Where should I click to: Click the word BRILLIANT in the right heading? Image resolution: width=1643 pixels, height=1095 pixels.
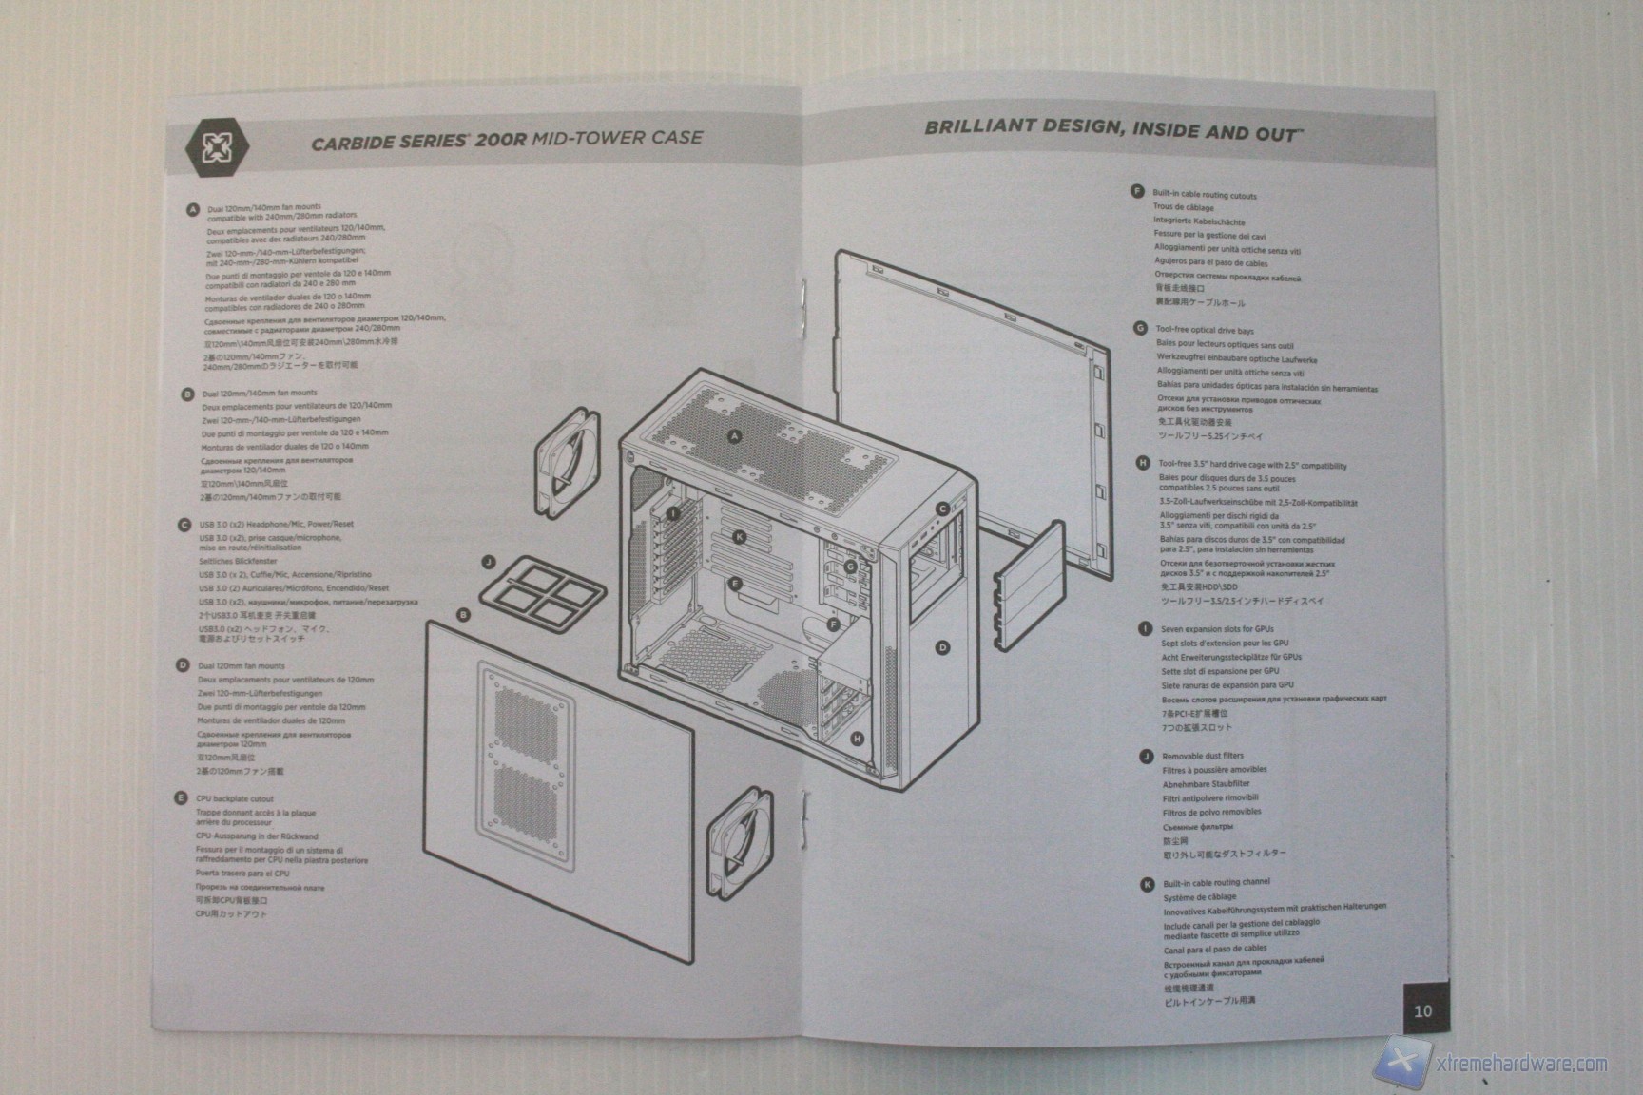(x=979, y=126)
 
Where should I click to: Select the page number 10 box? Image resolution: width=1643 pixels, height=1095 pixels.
(x=1422, y=1010)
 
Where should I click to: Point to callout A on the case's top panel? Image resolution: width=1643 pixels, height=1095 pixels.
(x=734, y=436)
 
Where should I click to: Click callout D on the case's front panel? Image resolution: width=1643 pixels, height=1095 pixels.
(x=942, y=647)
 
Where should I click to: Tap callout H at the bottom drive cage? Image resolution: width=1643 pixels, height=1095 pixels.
(x=858, y=739)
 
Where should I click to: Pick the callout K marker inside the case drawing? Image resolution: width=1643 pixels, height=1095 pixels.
(x=740, y=538)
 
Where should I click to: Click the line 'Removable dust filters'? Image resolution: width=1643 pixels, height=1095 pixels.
(x=1202, y=757)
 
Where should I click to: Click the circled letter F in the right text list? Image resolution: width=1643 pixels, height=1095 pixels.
(x=1136, y=192)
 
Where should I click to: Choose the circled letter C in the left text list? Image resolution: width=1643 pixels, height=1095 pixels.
(x=184, y=525)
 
